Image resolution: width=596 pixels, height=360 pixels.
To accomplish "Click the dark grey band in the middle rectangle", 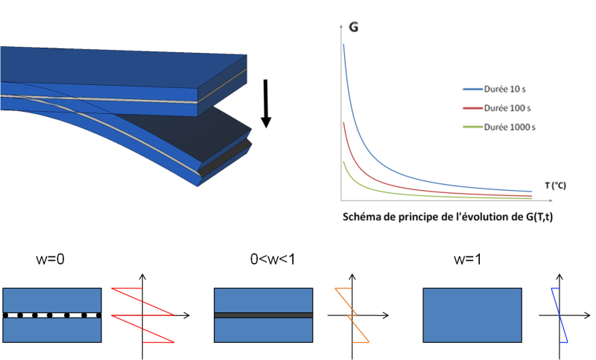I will coord(262,315).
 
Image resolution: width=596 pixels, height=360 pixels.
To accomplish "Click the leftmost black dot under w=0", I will coord(6,315).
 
